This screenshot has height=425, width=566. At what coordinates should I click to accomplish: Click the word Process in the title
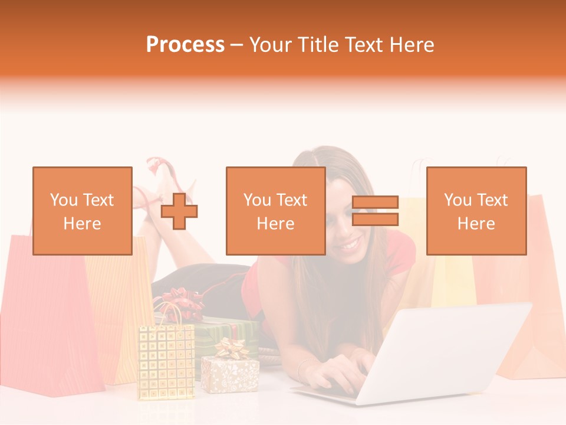(185, 45)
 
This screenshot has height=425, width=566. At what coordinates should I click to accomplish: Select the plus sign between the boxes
(179, 211)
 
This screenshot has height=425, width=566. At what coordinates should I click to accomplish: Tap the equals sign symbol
(375, 211)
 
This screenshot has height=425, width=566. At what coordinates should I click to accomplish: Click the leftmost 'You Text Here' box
(82, 211)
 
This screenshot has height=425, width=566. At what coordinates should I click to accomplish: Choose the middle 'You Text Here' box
(275, 211)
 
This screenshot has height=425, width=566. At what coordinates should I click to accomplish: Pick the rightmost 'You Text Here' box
(476, 211)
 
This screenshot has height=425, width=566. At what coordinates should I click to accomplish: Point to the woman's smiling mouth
(349, 244)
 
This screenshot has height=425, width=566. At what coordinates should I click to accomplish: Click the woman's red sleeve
(400, 254)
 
